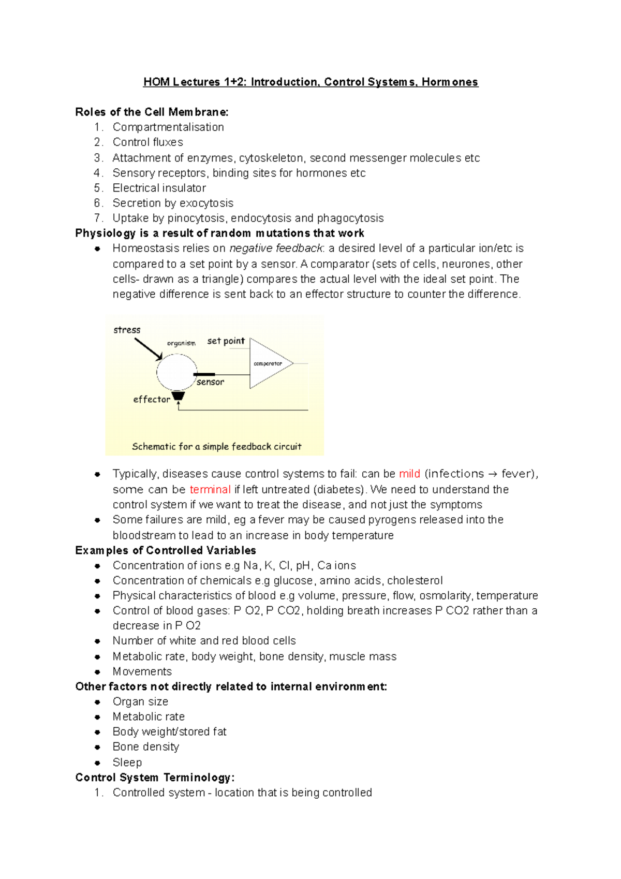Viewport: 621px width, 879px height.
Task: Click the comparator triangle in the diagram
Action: (268, 363)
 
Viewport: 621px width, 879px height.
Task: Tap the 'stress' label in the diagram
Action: (127, 330)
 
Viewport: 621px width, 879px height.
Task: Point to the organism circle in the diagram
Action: (176, 372)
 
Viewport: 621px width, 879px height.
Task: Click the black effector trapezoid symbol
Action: (179, 396)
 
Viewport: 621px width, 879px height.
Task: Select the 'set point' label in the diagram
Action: (226, 341)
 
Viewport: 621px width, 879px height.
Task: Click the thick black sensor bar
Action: (204, 374)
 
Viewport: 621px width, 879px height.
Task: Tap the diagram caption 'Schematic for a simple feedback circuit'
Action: (216, 446)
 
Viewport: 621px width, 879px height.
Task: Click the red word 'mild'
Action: (409, 474)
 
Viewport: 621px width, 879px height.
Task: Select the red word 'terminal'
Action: (210, 489)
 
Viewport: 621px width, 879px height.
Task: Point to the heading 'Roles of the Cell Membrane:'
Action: (152, 112)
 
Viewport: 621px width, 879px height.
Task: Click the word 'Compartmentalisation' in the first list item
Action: (168, 127)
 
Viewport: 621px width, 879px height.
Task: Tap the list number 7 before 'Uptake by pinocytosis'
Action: (98, 218)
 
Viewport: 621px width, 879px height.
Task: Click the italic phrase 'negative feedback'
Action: (276, 248)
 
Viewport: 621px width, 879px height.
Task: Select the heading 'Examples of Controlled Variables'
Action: (166, 550)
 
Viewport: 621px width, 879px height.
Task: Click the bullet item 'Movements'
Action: (142, 671)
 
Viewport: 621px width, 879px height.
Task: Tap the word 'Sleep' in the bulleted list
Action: (127, 762)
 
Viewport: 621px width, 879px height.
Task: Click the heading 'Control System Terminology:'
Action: (155, 778)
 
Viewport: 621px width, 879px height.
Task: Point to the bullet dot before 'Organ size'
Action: (97, 702)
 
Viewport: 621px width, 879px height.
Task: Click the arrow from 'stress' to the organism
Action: (149, 349)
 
